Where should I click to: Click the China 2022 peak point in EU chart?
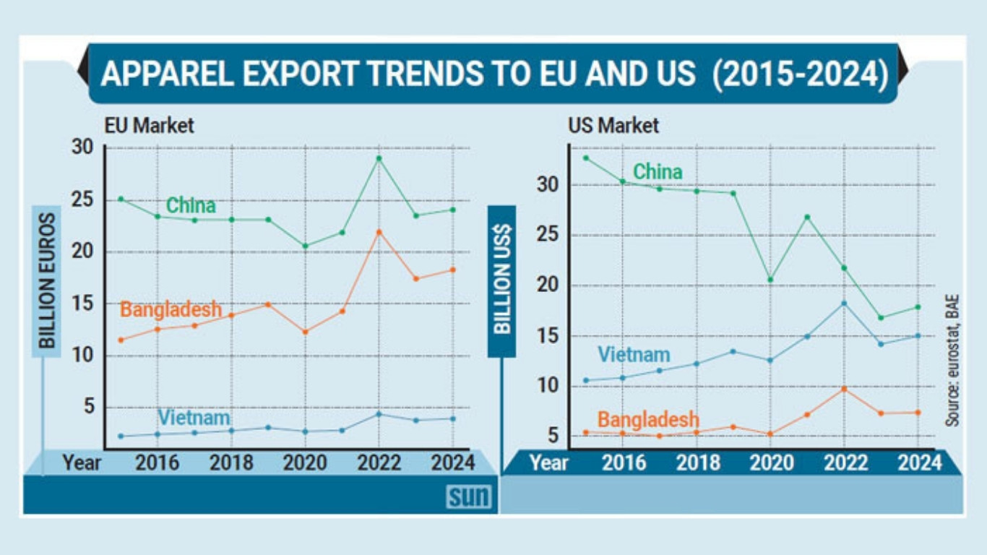click(379, 158)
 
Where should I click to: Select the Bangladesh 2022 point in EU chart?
click(379, 232)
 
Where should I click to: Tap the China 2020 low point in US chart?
click(770, 280)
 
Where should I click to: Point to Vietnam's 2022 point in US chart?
click(844, 304)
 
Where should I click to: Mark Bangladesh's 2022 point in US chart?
click(844, 389)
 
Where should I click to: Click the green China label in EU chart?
click(191, 206)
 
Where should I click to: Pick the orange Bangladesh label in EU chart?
click(171, 310)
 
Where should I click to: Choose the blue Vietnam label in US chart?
click(634, 355)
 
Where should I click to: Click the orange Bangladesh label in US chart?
click(648, 419)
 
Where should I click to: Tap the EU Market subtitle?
click(149, 126)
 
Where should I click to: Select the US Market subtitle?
click(613, 126)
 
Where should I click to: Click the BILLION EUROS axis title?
click(47, 280)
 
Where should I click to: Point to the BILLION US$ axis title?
click(501, 280)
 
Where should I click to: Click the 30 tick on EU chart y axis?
click(82, 147)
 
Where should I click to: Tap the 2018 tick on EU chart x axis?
click(231, 462)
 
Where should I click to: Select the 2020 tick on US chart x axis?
click(770, 462)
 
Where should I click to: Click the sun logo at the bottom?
click(468, 496)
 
